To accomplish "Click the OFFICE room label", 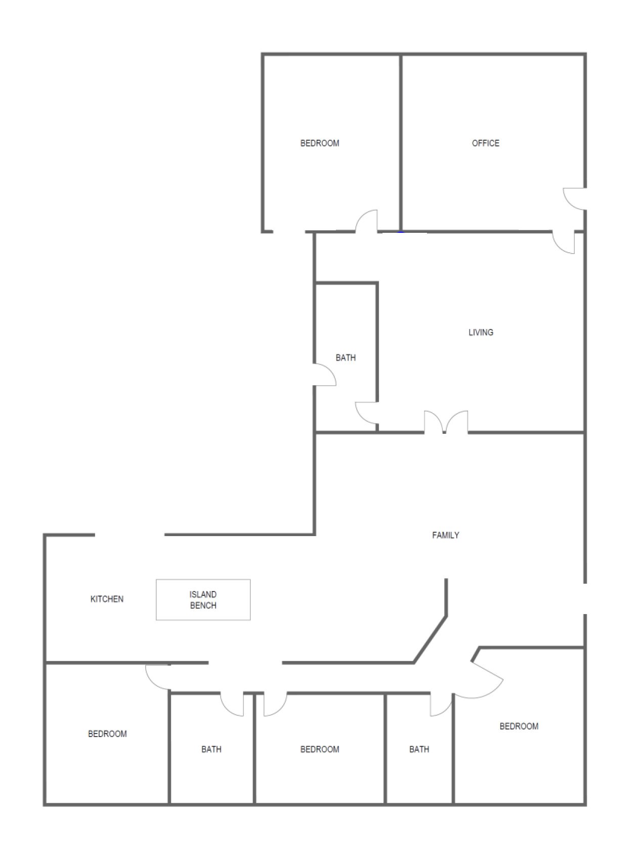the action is [x=485, y=143].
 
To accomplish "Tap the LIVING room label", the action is [x=481, y=333].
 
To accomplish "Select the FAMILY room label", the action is [x=446, y=535].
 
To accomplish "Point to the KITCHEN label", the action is [x=107, y=599].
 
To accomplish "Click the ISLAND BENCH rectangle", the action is [x=203, y=599].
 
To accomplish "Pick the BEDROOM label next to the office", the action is [x=320, y=143].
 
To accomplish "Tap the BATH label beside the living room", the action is [x=346, y=358].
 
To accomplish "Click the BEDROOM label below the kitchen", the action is [x=107, y=734].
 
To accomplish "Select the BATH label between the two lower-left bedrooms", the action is [x=211, y=749].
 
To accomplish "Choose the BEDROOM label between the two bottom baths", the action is [x=320, y=749].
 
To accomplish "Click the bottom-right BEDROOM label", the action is [x=519, y=726].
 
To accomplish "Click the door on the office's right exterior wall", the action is [x=575, y=198].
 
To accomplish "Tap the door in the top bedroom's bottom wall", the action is [x=367, y=221].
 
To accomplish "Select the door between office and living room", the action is [x=564, y=242].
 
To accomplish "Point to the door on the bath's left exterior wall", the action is [x=325, y=375].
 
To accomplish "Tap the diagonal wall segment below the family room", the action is [x=431, y=639].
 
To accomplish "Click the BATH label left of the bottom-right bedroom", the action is [x=419, y=749].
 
